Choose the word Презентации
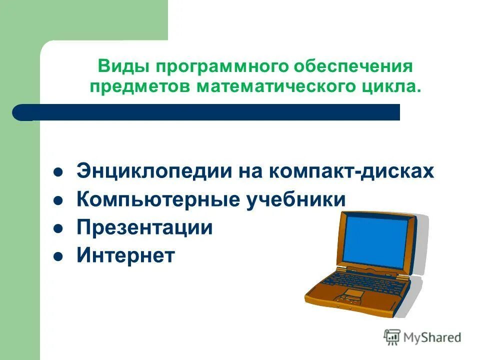[144, 228]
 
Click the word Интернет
[125, 256]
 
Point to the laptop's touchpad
[353, 293]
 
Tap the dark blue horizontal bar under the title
[210, 112]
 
